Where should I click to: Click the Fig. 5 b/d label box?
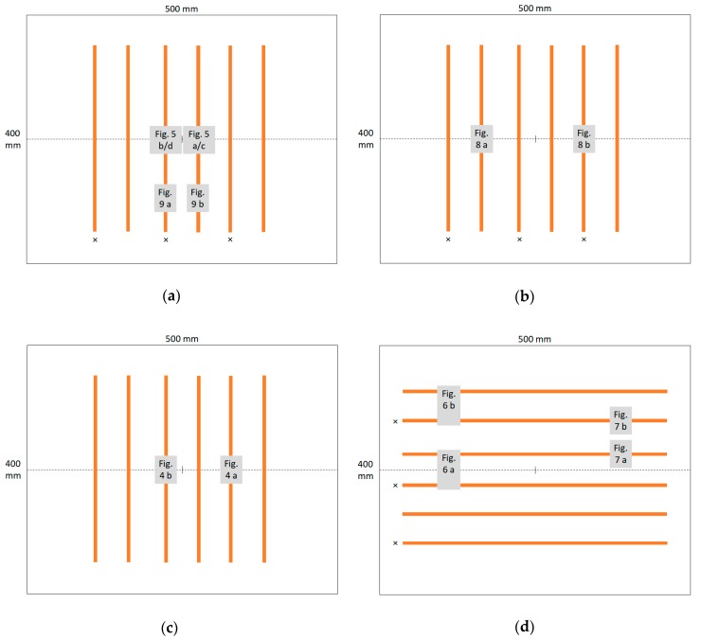[x=165, y=139]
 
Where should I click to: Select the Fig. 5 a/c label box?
[x=199, y=139]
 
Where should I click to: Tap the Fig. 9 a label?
[x=165, y=197]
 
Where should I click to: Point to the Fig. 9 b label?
[x=197, y=197]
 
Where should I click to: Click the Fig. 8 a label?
[x=481, y=138]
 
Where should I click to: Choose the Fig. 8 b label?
[x=584, y=138]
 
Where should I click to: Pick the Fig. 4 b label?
[x=166, y=470]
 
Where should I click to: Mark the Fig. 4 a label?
[x=231, y=470]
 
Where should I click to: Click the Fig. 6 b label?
[x=448, y=399]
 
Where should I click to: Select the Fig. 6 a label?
[x=448, y=469]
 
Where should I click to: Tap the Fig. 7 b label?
[x=620, y=420]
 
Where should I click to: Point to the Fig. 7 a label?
[x=620, y=453]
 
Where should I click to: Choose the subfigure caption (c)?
[x=171, y=627]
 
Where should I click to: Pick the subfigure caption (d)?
[x=524, y=627]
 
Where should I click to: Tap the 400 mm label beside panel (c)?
[x=13, y=470]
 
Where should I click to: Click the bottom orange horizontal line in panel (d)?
[x=534, y=542]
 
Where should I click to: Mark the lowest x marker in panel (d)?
[x=395, y=542]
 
